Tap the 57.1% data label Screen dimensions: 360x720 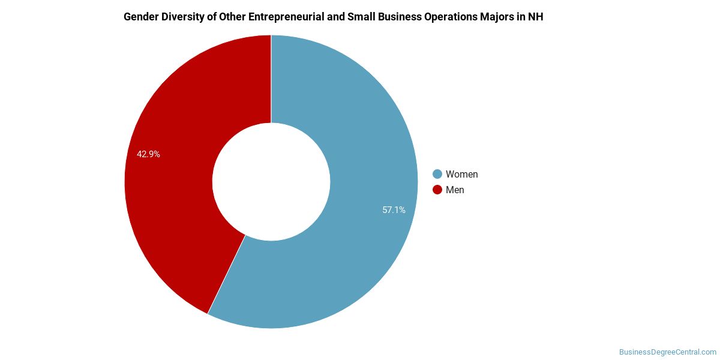click(x=394, y=210)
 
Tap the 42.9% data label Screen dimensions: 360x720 click(x=148, y=154)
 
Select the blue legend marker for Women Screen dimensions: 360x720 click(x=437, y=174)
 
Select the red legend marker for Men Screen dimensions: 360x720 click(x=437, y=190)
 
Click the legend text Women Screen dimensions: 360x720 click(x=461, y=174)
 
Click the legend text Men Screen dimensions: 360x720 click(x=455, y=190)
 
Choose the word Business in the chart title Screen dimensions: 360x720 click(x=399, y=17)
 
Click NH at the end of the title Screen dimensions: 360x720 click(x=536, y=17)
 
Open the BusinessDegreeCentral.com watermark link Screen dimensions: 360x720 click(x=667, y=352)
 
